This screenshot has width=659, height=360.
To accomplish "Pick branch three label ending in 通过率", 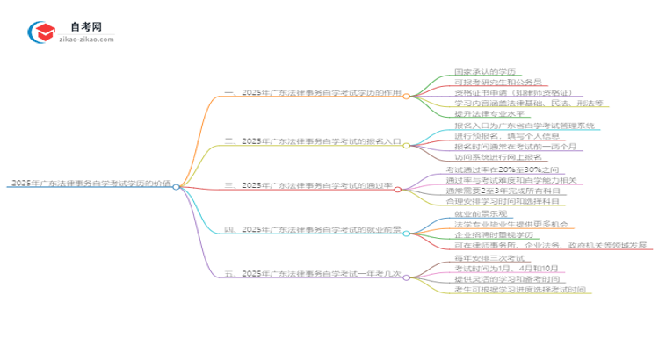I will click(313, 185).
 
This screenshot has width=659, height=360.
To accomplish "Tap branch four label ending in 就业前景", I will click(313, 229).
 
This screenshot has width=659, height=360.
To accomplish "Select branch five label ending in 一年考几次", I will click(313, 273).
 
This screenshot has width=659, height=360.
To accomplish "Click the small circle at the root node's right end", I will click(177, 186).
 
